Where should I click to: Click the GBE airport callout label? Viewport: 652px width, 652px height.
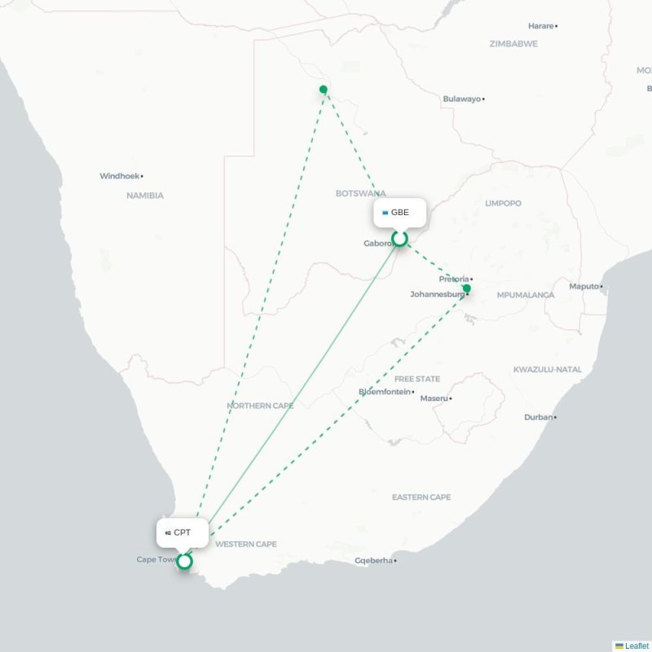tap(399, 213)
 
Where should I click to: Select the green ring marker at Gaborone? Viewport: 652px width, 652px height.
tap(399, 239)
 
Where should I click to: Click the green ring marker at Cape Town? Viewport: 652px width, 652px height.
tap(185, 561)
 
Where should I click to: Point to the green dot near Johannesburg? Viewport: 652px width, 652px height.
tap(467, 289)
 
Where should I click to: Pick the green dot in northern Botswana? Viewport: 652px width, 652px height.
tap(324, 90)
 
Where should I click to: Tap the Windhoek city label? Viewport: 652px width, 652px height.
tap(120, 176)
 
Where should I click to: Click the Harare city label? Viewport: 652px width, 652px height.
tap(541, 26)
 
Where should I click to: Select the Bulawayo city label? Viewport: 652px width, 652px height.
tap(462, 99)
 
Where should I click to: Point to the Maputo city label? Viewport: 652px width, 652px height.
tap(584, 286)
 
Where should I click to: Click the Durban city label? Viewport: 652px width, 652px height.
tap(538, 417)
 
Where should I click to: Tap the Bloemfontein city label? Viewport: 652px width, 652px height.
tap(385, 392)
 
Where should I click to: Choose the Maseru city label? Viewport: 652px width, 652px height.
tap(434, 399)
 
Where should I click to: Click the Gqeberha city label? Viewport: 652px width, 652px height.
tap(374, 561)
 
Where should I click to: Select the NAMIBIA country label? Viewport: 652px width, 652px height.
tap(145, 196)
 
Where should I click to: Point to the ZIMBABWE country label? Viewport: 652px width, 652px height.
tap(513, 44)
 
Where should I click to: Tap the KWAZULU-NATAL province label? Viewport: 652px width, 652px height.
tap(548, 370)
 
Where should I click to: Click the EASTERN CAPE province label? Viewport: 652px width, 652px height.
tap(421, 497)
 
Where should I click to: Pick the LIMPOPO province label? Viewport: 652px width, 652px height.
tap(503, 203)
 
